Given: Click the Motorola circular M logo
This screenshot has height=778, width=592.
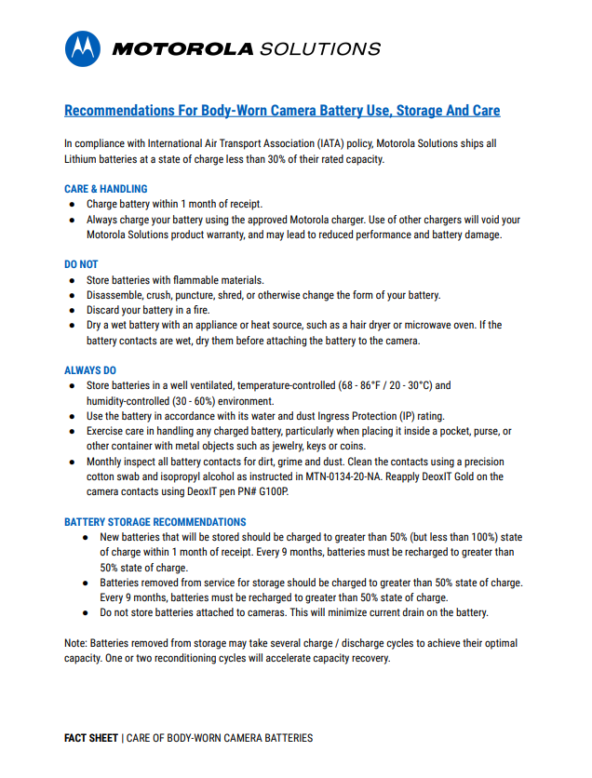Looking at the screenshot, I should [83, 48].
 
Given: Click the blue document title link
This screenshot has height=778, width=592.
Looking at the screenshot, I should [282, 111].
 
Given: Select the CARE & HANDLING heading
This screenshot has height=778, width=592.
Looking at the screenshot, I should [106, 189].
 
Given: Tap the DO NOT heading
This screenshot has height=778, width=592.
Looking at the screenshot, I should [81, 265].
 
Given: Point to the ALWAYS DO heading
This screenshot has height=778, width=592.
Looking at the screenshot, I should [90, 370].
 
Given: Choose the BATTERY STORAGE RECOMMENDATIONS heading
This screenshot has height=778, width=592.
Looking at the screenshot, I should [155, 522].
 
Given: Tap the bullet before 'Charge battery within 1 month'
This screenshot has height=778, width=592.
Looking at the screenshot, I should [72, 204].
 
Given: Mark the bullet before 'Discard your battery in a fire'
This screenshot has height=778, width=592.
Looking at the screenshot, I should [72, 310].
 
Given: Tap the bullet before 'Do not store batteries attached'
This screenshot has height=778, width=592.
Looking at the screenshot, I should [85, 612].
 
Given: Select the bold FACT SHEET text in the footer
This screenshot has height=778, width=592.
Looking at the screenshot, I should [91, 738].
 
